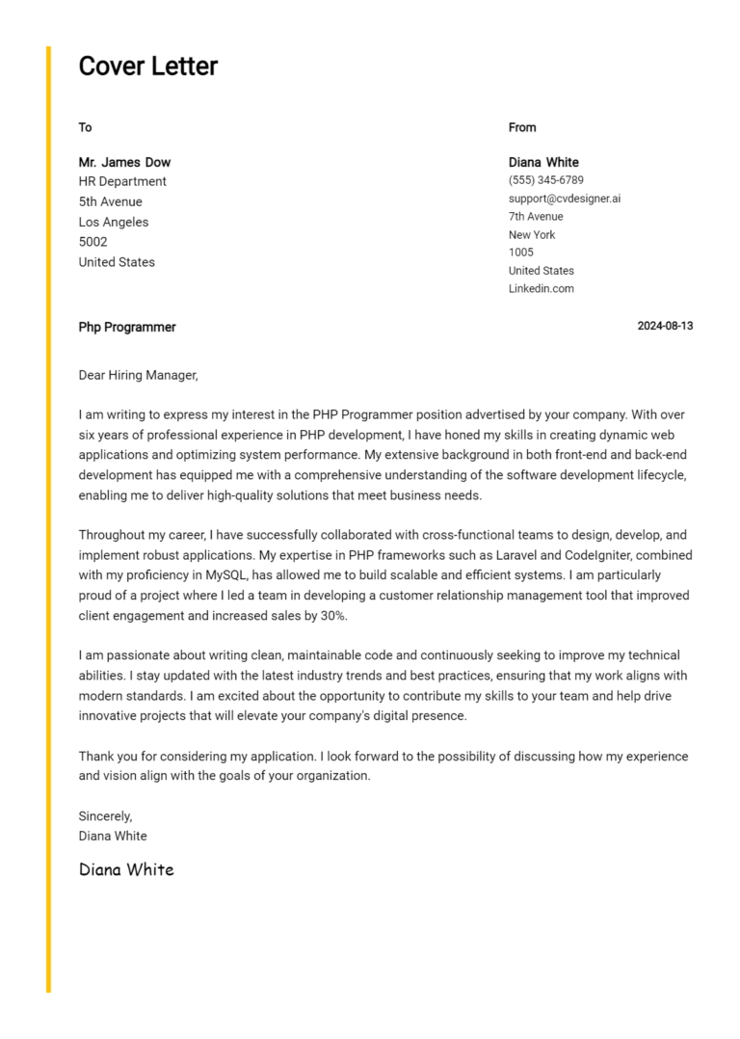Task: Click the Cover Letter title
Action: coord(147,67)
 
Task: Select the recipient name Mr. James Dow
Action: coord(124,162)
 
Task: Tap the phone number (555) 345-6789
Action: coord(545,180)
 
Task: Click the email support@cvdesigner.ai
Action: coord(564,199)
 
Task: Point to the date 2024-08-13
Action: coord(665,327)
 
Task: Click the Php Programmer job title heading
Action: coord(127,327)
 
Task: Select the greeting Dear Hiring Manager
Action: coord(138,375)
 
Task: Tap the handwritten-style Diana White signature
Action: coord(126,869)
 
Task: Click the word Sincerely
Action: coord(105,816)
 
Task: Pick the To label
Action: coord(85,127)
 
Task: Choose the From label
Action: coord(522,127)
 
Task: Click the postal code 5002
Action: coord(92,242)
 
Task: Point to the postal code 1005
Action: coord(520,253)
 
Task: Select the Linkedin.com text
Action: coord(541,288)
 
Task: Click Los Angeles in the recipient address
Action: coord(114,222)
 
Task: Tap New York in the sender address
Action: coord(532,234)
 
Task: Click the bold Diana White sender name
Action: coord(543,162)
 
